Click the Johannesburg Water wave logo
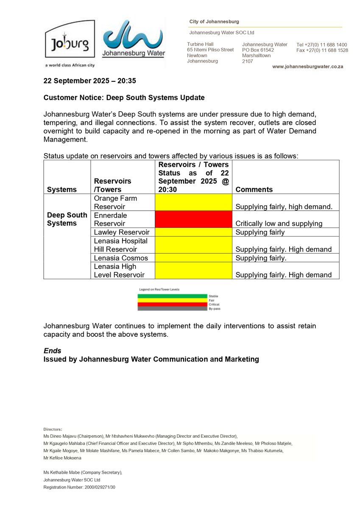134,39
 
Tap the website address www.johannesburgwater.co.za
307,67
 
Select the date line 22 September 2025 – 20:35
89,81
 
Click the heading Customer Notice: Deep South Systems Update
124,98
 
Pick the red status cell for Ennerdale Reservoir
193,219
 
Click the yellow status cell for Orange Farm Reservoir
193,202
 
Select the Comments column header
254,190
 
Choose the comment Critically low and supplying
279,224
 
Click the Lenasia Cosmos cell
121,258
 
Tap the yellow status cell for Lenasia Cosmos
193,258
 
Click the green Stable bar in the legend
172,296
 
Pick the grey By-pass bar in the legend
172,308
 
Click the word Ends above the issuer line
52,351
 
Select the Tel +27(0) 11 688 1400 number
322,45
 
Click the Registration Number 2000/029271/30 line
79,487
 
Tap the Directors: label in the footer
53,429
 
